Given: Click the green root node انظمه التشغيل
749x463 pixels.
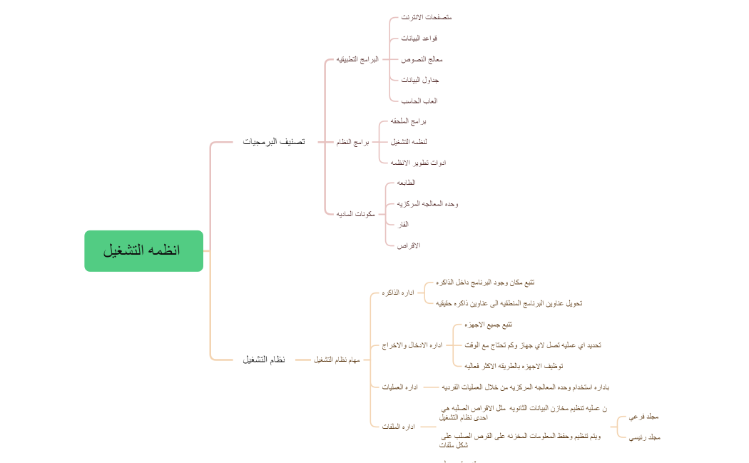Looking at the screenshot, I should tap(143, 251).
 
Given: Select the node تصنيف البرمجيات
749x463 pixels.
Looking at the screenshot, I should tap(274, 142).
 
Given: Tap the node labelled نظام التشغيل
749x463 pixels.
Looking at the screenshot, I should tap(264, 360).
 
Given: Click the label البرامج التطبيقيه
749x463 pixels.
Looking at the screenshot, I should tap(357, 59).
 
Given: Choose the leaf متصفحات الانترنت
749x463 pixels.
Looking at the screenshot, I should tap(427, 17).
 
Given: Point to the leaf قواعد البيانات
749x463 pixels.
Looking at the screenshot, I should tap(419, 38).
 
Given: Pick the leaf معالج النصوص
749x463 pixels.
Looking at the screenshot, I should tap(422, 59).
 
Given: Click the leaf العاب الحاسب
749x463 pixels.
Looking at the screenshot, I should tap(419, 101).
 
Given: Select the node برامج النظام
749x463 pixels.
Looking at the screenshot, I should tap(353, 143).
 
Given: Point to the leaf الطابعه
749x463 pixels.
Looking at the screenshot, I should tap(406, 183).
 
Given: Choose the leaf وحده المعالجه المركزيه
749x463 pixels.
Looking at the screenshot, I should tap(427, 204).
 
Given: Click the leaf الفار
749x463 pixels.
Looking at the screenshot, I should tap(403, 225).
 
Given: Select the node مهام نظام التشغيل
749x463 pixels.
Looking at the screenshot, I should tap(337, 360).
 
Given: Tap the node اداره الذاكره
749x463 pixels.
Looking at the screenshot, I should tap(399, 293).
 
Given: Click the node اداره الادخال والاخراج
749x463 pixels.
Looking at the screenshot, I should tap(412, 345).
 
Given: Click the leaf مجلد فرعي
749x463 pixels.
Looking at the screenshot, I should tap(643, 417).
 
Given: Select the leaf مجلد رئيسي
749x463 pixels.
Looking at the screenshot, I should tap(644, 437).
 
